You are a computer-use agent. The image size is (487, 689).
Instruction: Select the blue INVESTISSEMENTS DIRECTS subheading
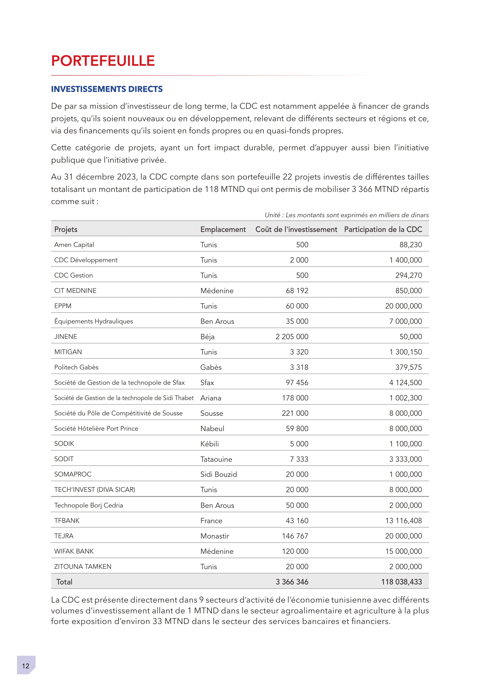point(107,89)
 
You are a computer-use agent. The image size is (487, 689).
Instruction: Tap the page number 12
point(26,666)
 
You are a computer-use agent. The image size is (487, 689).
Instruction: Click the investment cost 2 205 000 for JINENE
point(292,336)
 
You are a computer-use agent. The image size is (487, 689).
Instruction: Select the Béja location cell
point(207,337)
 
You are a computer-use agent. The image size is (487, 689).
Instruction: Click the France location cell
point(211,521)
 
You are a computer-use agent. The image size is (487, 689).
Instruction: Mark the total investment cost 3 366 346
point(292,582)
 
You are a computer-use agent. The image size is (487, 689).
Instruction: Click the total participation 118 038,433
point(402,582)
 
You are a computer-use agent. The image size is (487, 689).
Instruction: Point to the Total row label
point(64,582)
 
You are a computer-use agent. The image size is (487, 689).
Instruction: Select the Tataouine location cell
point(216,459)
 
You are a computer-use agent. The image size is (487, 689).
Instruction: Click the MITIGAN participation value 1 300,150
point(406,352)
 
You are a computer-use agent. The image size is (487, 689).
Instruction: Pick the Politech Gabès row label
point(76,367)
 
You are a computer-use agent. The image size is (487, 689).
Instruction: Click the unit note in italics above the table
point(347,215)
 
